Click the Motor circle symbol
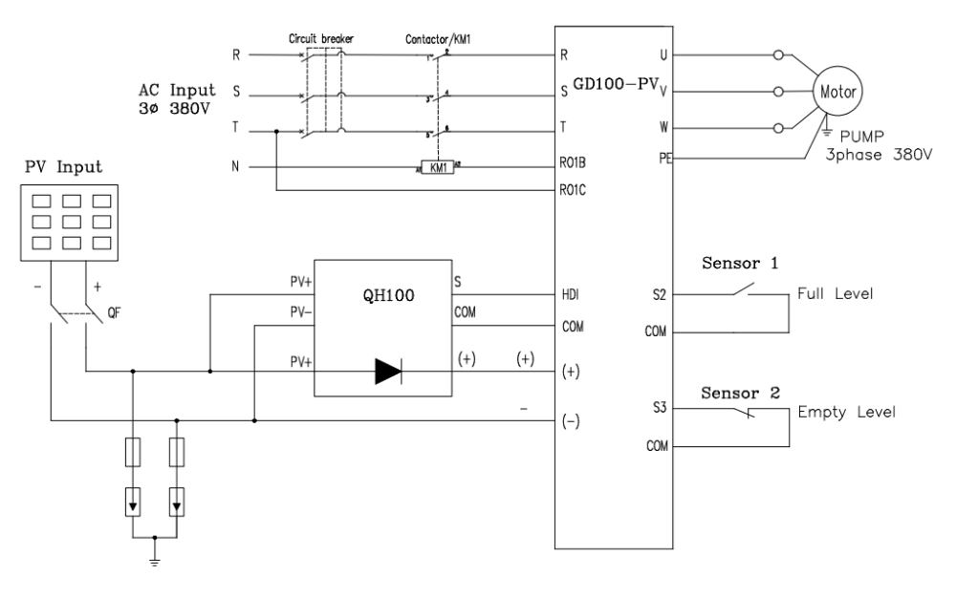click(x=838, y=93)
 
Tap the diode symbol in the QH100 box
click(x=388, y=374)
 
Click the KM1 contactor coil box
click(x=438, y=168)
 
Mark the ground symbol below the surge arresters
click(x=153, y=560)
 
